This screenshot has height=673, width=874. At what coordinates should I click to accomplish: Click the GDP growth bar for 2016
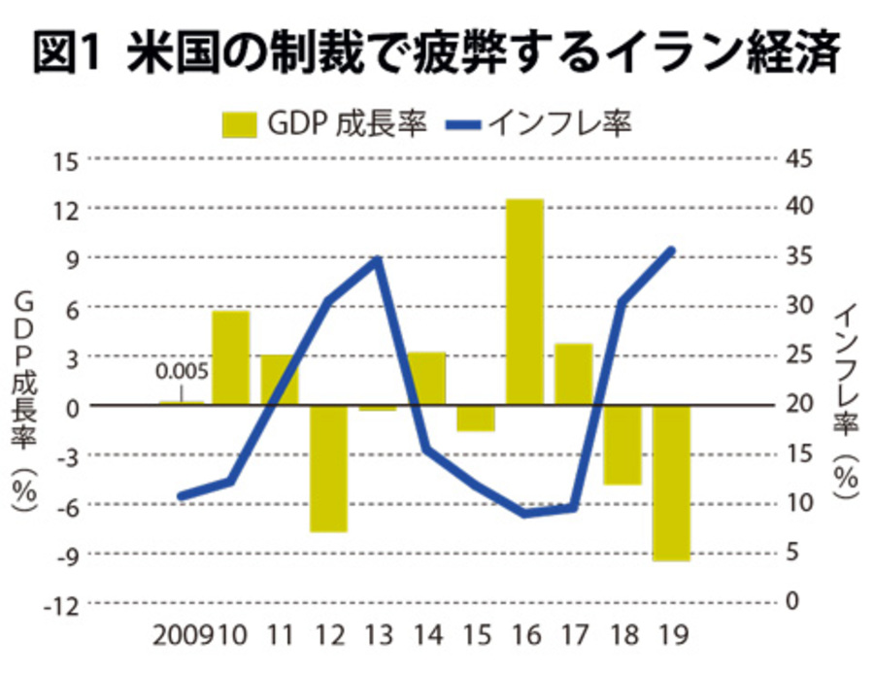pyautogui.click(x=524, y=301)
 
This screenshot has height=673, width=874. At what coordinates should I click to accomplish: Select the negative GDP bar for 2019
pyautogui.click(x=671, y=483)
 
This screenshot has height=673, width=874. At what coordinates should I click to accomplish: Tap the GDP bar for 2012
pyautogui.click(x=328, y=468)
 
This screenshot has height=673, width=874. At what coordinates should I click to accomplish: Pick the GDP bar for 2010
pyautogui.click(x=231, y=356)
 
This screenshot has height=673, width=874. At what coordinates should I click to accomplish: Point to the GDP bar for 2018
pyautogui.click(x=622, y=444)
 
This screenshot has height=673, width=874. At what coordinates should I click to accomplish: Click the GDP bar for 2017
pyautogui.click(x=573, y=374)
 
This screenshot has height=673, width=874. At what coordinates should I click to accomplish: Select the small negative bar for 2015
pyautogui.click(x=476, y=418)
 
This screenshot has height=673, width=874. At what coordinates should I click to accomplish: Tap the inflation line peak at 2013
pyautogui.click(x=378, y=259)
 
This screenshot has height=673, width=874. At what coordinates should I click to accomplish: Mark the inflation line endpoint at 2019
pyautogui.click(x=671, y=251)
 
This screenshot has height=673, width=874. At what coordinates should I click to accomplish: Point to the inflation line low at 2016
pyautogui.click(x=524, y=513)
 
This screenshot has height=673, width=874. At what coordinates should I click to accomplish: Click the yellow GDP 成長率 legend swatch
pyautogui.click(x=239, y=124)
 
